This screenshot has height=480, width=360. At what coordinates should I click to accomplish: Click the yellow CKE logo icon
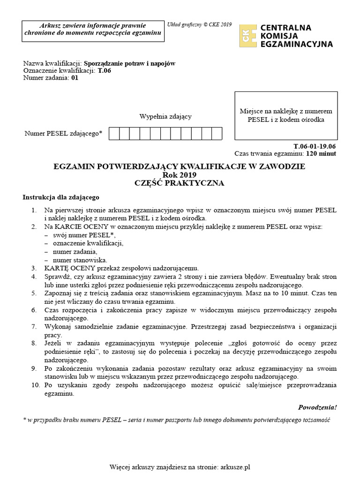pyautogui.click(x=248, y=36)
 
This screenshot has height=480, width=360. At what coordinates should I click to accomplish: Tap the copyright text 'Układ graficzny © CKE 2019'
pyautogui.click(x=200, y=24)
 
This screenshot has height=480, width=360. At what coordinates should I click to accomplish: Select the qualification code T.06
pyautogui.click(x=104, y=71)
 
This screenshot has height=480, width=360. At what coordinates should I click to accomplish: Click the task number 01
pyautogui.click(x=75, y=78)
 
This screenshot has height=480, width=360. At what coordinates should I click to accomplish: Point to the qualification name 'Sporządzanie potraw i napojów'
pyautogui.click(x=129, y=64)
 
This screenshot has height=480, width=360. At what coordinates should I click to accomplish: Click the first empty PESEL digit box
pyautogui.click(x=114, y=134)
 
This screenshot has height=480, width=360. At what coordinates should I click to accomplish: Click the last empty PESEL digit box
pyautogui.click(x=217, y=134)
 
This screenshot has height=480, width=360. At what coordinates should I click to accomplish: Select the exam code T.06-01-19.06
pyautogui.click(x=314, y=146)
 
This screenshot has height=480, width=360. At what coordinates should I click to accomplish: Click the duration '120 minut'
pyautogui.click(x=321, y=153)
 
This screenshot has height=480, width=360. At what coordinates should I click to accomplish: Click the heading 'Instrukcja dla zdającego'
pyautogui.click(x=61, y=197)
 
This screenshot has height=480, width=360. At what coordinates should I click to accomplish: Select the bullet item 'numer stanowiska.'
pyautogui.click(x=80, y=260)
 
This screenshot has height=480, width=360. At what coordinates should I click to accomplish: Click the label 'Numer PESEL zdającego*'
pyautogui.click(x=63, y=134)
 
